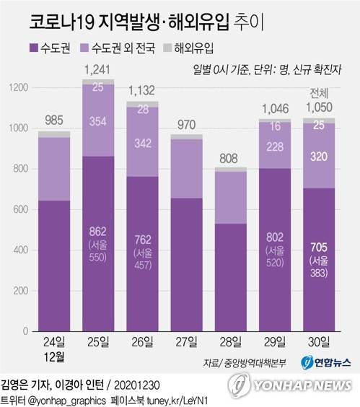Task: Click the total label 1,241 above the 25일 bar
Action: [x=97, y=69]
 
